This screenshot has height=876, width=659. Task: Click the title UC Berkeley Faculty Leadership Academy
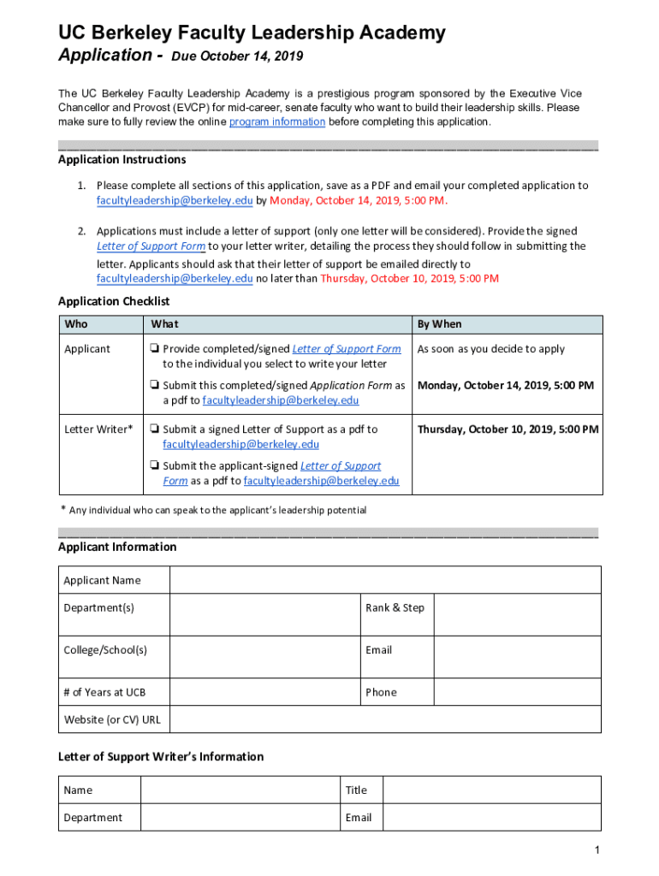click(252, 33)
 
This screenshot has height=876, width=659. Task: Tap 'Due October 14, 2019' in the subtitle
click(237, 57)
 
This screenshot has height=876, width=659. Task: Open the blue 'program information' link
click(276, 122)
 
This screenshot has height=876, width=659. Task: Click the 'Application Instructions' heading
click(122, 160)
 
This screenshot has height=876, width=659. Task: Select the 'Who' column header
click(76, 324)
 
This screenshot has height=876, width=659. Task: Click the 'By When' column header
click(439, 324)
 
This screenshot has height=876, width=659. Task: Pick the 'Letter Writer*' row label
click(98, 429)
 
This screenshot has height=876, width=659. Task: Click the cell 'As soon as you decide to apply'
click(490, 349)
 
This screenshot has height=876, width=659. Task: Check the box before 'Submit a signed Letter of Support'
click(153, 429)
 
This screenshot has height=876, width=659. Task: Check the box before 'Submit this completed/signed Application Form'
click(153, 386)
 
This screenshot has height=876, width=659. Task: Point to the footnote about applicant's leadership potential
click(217, 511)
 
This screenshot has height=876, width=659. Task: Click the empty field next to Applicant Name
click(385, 580)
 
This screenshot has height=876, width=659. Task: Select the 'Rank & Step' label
click(395, 608)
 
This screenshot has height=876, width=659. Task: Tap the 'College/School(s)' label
click(105, 650)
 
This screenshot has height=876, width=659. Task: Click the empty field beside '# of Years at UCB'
click(264, 692)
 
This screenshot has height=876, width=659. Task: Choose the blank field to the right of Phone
click(517, 692)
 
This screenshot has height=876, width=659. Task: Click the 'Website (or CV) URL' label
click(112, 719)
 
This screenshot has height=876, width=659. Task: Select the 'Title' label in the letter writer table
click(356, 790)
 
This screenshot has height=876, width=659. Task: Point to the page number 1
click(597, 850)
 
